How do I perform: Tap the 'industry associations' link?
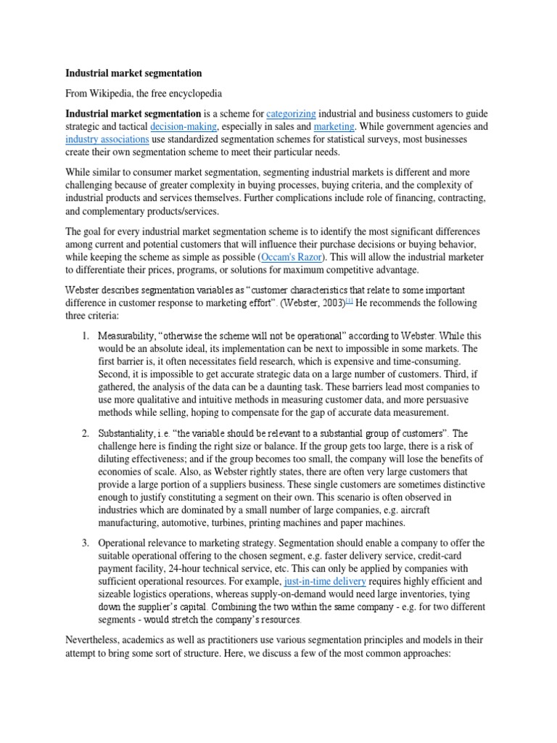coord(107,139)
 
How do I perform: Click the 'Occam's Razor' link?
coord(292,258)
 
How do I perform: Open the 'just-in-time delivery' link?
coord(325,582)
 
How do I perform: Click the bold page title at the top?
coord(133,73)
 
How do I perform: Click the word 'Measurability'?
coord(128,336)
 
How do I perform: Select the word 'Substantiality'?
coord(129,434)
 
